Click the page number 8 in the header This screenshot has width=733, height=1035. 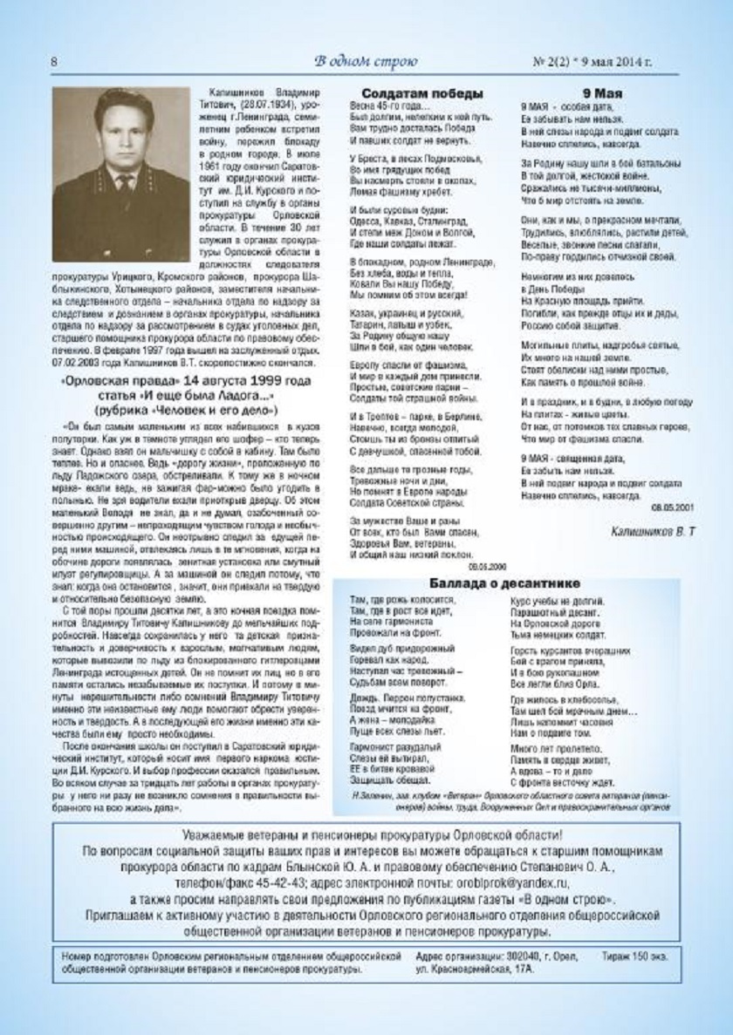[55, 62]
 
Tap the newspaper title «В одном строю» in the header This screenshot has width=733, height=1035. [366, 61]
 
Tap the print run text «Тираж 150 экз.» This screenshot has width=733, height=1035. [636, 957]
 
